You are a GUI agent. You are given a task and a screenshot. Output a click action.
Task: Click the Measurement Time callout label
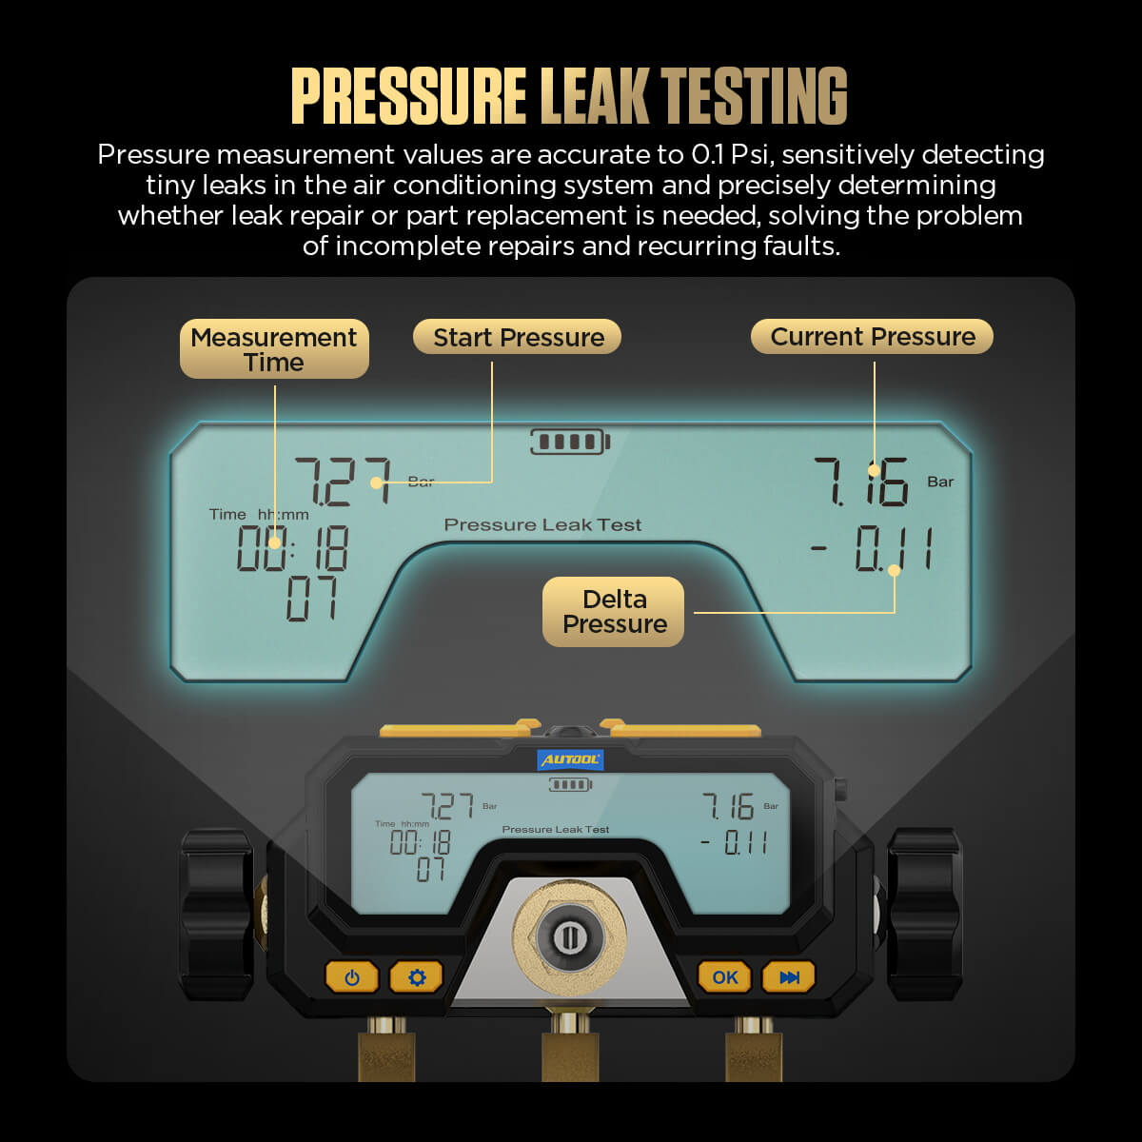(x=274, y=349)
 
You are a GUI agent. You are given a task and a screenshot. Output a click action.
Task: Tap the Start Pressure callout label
(x=518, y=337)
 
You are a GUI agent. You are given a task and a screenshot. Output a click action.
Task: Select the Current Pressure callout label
(x=872, y=337)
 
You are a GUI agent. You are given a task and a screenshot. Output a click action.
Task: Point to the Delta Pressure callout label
(x=614, y=612)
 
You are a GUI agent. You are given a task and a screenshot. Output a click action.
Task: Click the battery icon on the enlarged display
(x=570, y=442)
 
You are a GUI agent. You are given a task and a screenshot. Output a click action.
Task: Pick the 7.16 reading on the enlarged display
(x=861, y=482)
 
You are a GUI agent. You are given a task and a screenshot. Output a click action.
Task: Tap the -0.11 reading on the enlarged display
(x=871, y=549)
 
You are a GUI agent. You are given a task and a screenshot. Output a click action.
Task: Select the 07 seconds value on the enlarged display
(x=312, y=600)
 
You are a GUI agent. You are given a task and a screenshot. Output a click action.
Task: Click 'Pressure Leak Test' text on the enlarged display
(x=542, y=524)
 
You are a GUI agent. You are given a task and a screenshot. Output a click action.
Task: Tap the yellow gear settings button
(x=416, y=977)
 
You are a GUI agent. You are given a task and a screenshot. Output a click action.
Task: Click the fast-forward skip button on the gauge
(x=789, y=977)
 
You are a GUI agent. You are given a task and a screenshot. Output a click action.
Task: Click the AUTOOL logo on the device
(x=570, y=759)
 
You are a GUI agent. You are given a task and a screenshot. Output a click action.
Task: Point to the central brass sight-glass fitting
(x=569, y=937)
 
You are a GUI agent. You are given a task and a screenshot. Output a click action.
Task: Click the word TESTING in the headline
(x=754, y=95)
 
